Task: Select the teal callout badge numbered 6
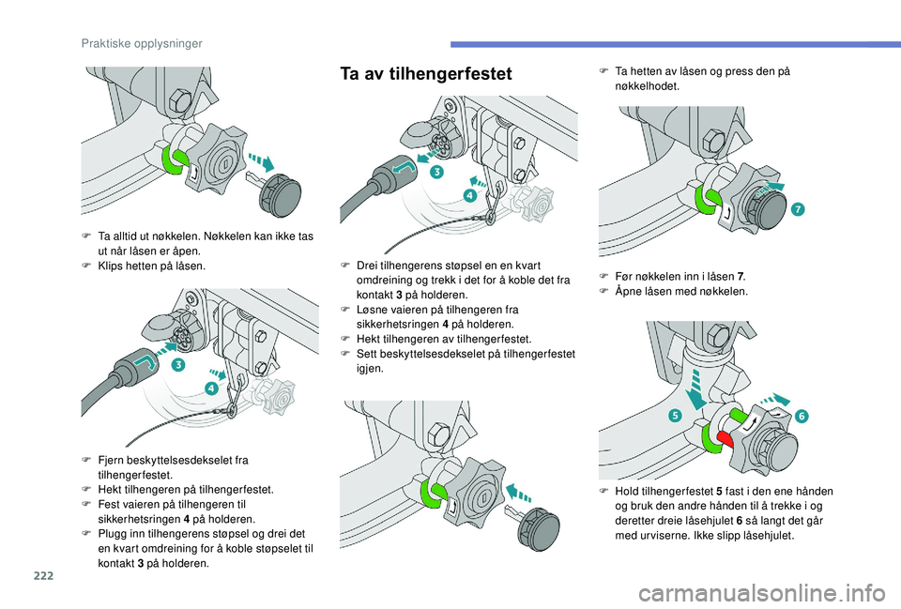(803, 415)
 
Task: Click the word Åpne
(629, 291)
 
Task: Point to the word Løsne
(374, 309)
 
